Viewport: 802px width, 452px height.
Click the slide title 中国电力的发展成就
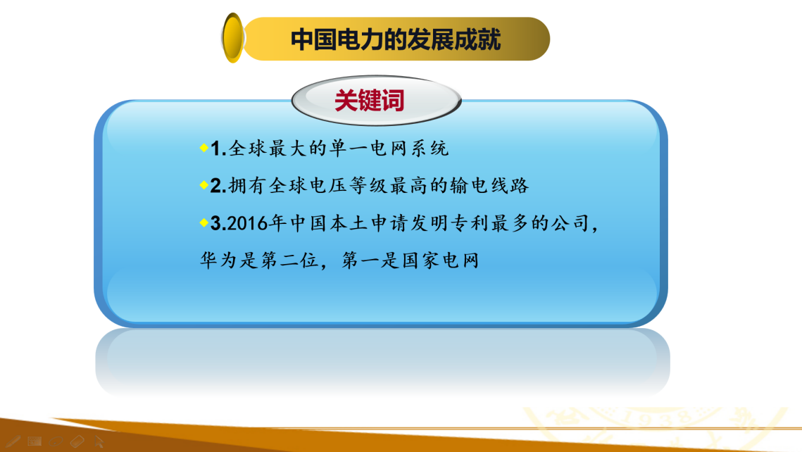pos(396,39)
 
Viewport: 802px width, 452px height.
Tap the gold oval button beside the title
pos(233,38)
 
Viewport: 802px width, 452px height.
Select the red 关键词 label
pos(369,100)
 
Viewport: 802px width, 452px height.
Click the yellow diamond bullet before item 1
pos(204,148)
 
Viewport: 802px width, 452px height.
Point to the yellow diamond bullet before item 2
pos(204,185)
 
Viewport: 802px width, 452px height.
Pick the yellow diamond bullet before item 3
pos(204,222)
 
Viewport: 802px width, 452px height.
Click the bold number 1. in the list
pos(218,149)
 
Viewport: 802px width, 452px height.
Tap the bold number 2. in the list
pos(218,186)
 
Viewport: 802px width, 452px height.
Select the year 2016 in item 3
pos(248,223)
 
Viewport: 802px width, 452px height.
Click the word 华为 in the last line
pos(219,260)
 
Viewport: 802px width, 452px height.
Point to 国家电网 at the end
pos(441,260)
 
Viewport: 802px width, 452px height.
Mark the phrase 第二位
pos(290,260)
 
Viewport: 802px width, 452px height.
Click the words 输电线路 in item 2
pos(489,186)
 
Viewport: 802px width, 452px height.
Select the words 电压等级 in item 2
pos(349,186)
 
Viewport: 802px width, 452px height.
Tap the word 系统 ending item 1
pos(430,149)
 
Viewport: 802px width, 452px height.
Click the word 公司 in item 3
pos(570,223)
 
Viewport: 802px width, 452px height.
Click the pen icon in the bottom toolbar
pos(12,441)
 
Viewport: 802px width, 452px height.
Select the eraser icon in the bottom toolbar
pos(77,441)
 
